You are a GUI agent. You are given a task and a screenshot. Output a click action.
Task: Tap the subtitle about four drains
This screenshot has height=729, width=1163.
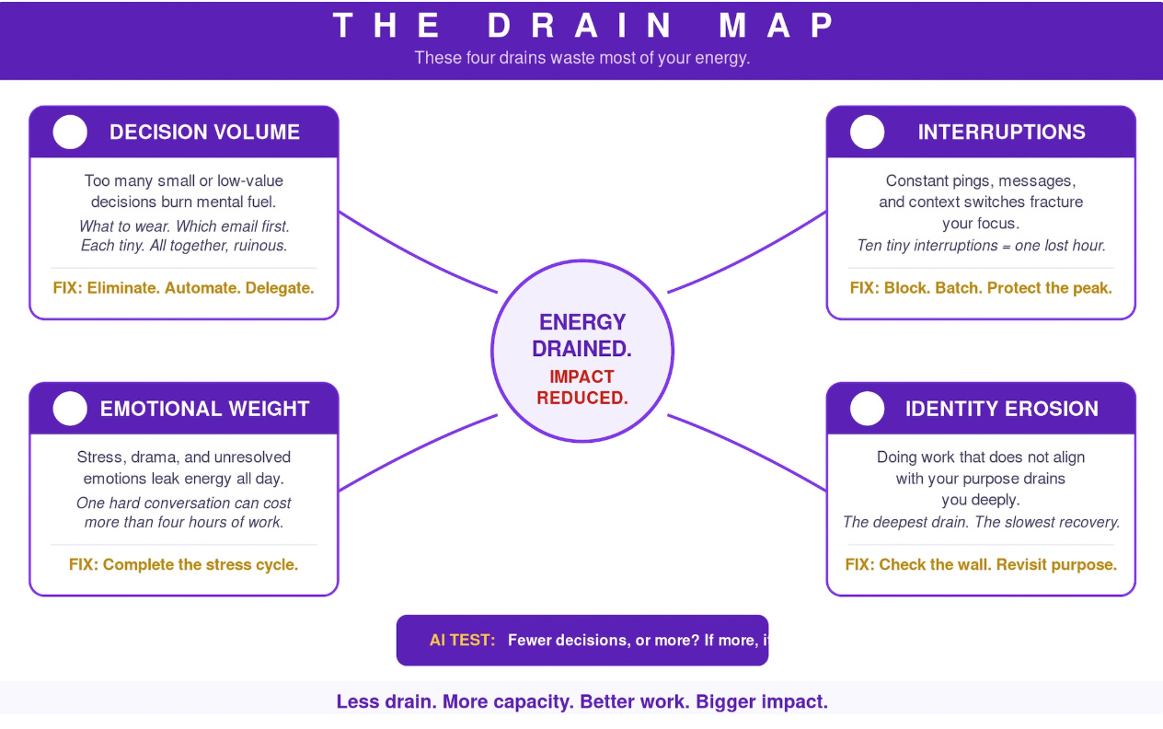click(581, 58)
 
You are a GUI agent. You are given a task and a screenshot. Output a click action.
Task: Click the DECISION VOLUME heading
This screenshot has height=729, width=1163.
click(204, 133)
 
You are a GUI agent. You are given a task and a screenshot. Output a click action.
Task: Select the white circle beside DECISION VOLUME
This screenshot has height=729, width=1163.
click(70, 133)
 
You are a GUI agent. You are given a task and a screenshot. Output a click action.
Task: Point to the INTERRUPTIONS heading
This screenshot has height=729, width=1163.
click(1001, 133)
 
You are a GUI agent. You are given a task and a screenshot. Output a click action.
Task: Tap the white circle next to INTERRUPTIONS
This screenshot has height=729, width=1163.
click(867, 133)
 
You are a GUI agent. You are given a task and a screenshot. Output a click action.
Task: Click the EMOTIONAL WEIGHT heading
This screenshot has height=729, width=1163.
click(204, 409)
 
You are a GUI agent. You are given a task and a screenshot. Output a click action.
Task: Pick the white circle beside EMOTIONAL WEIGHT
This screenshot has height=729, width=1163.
click(70, 409)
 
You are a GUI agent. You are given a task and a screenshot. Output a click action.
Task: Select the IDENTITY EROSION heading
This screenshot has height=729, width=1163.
click(1001, 409)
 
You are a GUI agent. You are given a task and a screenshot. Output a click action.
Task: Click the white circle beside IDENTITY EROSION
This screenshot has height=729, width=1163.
click(867, 409)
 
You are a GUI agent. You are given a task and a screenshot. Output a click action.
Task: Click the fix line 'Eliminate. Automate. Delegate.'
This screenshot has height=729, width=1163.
click(184, 288)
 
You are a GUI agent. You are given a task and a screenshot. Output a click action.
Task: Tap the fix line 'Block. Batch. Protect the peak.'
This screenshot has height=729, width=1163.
click(981, 288)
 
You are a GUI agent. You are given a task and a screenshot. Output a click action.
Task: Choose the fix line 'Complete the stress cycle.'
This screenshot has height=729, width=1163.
click(184, 564)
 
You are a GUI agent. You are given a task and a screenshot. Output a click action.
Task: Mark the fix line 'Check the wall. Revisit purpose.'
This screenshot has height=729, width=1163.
click(981, 564)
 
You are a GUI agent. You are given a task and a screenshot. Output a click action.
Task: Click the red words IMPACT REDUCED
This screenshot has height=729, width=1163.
click(582, 388)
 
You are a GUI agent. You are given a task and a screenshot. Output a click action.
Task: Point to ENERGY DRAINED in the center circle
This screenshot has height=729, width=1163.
click(582, 335)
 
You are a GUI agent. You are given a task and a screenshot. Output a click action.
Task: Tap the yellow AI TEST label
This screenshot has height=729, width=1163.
click(462, 640)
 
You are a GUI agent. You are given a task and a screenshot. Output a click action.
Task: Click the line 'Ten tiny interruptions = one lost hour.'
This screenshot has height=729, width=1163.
click(981, 246)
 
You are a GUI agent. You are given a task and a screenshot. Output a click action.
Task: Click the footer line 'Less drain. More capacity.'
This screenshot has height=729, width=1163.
click(581, 701)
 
